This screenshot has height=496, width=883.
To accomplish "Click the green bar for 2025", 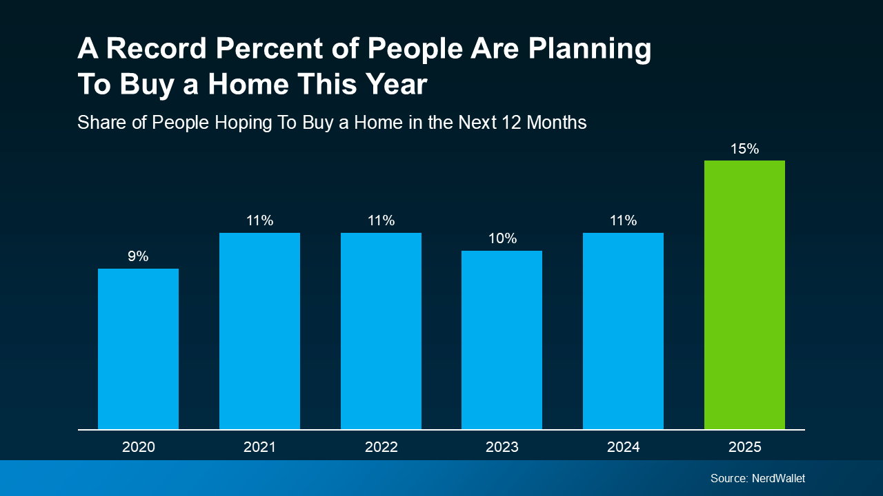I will [744, 295].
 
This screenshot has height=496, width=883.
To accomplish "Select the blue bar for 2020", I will [138, 349].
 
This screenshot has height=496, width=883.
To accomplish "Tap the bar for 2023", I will [502, 340].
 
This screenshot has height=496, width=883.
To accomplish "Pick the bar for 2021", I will [259, 331].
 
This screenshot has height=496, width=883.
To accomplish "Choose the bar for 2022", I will [381, 331].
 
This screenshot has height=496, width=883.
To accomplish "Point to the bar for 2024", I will [623, 331].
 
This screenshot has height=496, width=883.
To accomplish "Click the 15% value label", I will [744, 149].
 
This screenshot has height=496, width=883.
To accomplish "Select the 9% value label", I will [138, 256].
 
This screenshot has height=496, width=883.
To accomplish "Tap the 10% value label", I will [502, 238].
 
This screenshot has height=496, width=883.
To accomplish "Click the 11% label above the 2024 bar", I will [623, 220].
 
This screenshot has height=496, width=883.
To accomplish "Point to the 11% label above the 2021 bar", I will [259, 220].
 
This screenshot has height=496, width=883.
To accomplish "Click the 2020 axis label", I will [138, 447].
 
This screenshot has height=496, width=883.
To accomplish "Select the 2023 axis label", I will [502, 447].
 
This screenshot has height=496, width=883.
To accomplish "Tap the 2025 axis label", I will [744, 447].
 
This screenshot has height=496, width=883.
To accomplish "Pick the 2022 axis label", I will [381, 447].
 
